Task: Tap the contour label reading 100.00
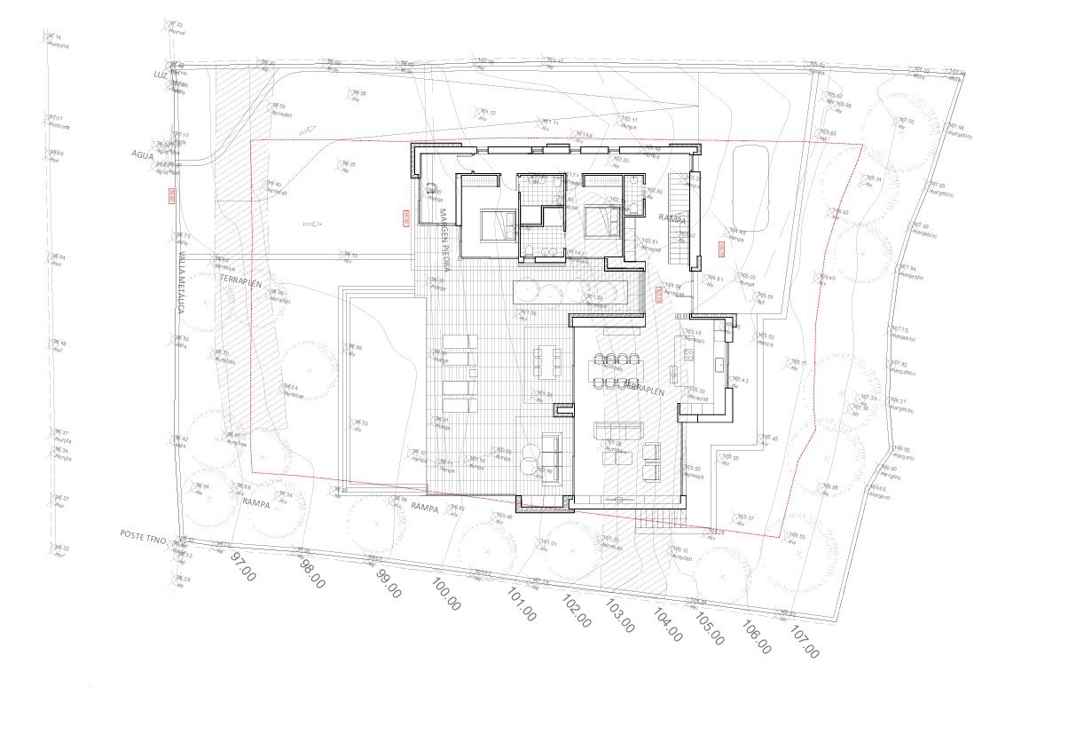[x=445, y=594]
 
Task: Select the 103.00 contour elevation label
[x=619, y=616]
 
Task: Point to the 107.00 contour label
[x=804, y=643]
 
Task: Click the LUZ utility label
[x=160, y=75]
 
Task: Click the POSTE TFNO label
[x=145, y=534]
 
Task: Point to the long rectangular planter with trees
[x=570, y=291]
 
